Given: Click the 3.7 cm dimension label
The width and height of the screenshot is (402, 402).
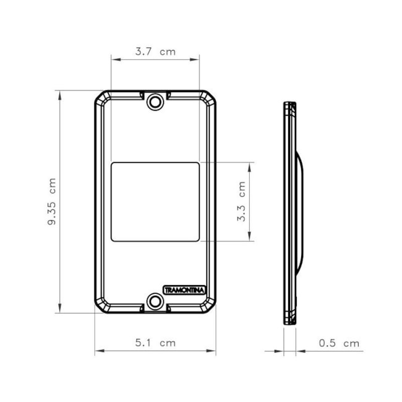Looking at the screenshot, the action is click(155, 52).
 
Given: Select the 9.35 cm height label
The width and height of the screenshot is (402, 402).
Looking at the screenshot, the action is click(52, 202).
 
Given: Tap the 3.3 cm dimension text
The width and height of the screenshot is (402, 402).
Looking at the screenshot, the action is click(241, 201).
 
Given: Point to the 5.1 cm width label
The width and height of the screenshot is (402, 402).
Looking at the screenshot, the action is click(155, 343).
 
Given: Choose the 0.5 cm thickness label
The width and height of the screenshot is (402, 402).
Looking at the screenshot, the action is click(339, 343).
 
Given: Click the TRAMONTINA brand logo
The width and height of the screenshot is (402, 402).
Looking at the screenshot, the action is click(184, 290).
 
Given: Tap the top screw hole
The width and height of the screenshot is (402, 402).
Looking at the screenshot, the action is click(155, 102).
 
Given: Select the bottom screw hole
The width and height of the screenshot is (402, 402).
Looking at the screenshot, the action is click(155, 301).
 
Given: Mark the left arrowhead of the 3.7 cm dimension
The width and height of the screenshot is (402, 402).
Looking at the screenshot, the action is click(116, 59).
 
